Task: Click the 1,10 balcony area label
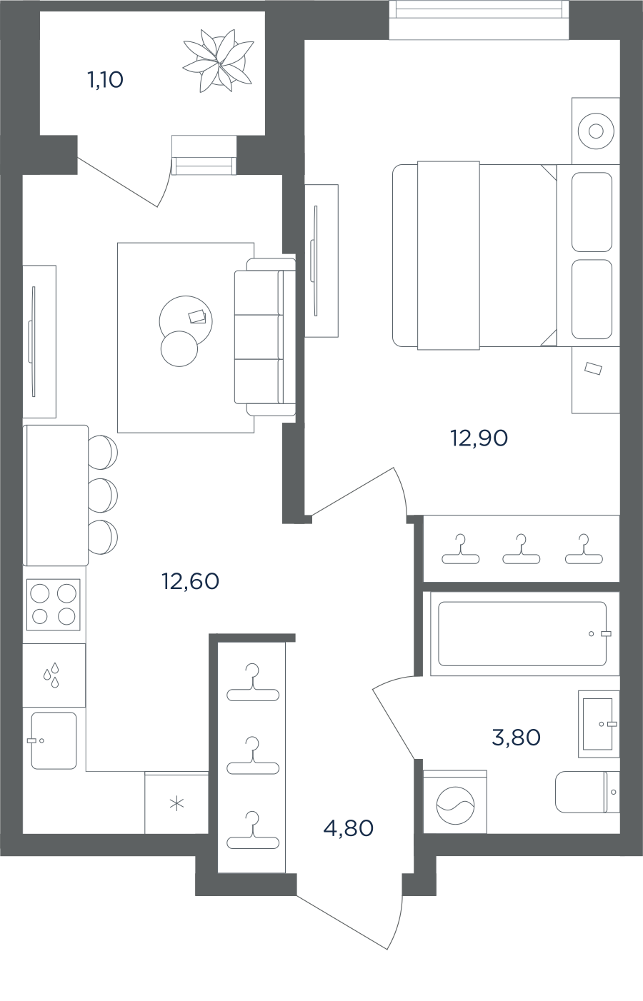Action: tap(105, 81)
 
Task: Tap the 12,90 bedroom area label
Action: tap(479, 438)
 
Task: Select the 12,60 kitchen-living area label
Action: tap(191, 581)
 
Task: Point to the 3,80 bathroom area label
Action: tap(516, 738)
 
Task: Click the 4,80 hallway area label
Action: tap(349, 828)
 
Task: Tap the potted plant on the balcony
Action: tap(218, 61)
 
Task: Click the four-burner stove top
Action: tap(53, 605)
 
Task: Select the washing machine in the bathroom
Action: tap(455, 804)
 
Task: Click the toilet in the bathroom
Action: tap(587, 792)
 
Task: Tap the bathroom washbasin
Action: tap(599, 723)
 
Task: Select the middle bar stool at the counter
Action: tap(103, 495)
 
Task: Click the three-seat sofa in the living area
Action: tap(265, 337)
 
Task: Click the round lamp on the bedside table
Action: tap(596, 131)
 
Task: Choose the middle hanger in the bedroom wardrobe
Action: tap(522, 549)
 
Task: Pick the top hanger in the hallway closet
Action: tap(253, 682)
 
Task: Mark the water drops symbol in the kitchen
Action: tap(51, 675)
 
